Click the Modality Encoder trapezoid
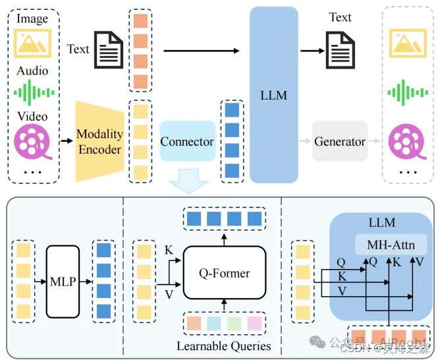point(99,141)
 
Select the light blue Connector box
point(187,141)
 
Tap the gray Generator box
point(339,141)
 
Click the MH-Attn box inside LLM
point(391,245)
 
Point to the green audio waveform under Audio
point(32,92)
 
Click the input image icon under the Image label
point(33,41)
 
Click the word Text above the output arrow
point(340,17)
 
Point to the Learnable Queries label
point(223,345)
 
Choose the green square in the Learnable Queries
point(234,324)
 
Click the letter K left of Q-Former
point(169,251)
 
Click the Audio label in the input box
point(32,71)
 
